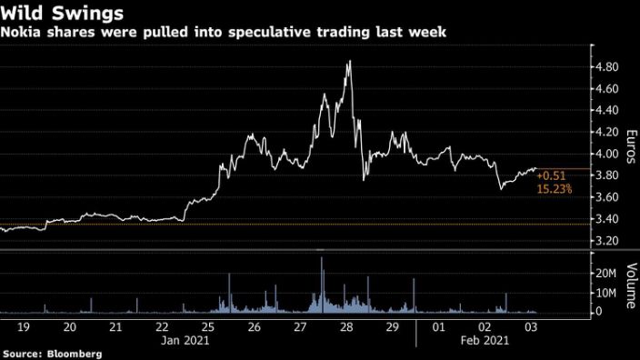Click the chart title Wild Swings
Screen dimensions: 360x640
point(55,14)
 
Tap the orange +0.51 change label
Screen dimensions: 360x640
point(550,175)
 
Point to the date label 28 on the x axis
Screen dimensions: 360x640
point(345,327)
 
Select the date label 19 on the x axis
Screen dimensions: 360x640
point(24,327)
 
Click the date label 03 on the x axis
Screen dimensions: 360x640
point(529,327)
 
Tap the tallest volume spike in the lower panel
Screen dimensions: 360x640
point(322,259)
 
